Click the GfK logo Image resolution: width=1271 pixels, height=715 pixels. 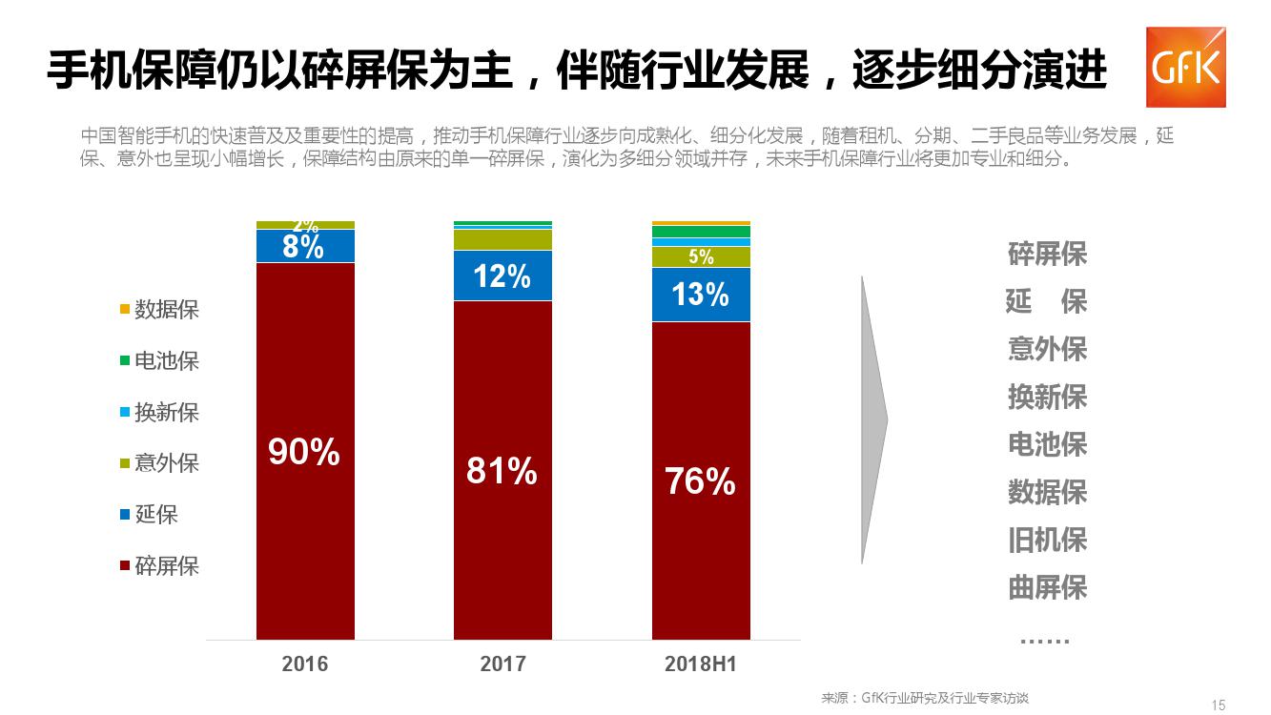1185,67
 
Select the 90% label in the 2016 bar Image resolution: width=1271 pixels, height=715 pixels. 304,452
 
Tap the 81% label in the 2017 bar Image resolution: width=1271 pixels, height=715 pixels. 502,470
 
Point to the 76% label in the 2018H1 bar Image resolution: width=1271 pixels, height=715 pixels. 700,481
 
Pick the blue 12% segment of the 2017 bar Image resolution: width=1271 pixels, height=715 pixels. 502,276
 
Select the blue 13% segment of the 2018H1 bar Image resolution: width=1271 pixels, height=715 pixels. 701,295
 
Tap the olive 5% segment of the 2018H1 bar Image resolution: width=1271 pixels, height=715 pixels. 701,256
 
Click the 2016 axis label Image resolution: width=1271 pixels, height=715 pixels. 305,664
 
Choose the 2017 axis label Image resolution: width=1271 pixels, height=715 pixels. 502,664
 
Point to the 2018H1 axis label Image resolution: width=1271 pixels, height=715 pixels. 701,664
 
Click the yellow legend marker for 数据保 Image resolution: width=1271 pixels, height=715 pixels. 125,310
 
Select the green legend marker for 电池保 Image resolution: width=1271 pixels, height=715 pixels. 125,361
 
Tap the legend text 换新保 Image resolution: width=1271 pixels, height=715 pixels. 167,413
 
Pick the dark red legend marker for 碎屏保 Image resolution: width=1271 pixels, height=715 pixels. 125,566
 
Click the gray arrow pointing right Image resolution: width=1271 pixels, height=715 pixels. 873,419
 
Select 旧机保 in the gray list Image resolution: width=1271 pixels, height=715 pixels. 1047,540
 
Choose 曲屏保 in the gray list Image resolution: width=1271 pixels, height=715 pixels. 1047,587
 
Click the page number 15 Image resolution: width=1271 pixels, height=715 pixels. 1219,705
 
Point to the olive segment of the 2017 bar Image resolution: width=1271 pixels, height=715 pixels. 502,239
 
